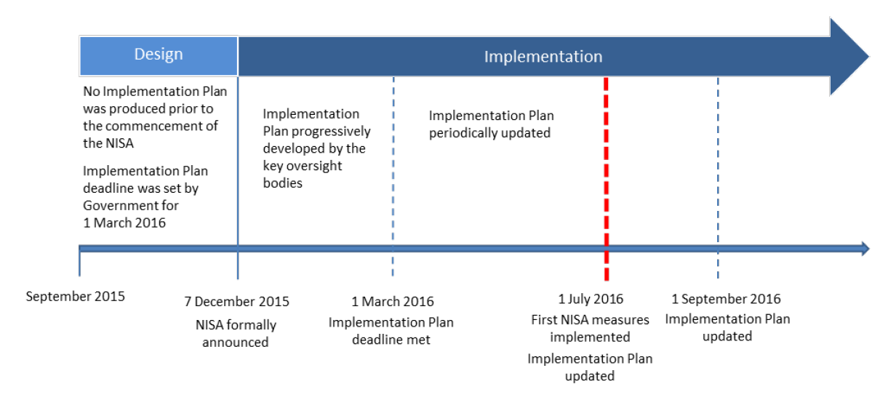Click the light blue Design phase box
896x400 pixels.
(159, 55)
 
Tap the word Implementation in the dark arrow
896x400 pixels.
(543, 57)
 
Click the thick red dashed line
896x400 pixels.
(607, 179)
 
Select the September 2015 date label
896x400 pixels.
(75, 297)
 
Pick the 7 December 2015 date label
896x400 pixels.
(236, 302)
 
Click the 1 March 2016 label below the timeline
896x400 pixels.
(393, 302)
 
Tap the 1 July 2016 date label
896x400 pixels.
(591, 299)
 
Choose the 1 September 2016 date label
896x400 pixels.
(726, 299)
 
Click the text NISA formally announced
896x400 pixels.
(236, 333)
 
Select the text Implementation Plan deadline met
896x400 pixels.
(391, 331)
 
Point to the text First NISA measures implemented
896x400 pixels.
(590, 329)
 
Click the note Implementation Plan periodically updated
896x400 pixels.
(491, 124)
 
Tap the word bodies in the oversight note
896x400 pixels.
(282, 183)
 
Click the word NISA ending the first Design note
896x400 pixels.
(121, 143)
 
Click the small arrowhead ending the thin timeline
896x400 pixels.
(865, 249)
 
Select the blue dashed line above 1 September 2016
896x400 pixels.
(718, 178)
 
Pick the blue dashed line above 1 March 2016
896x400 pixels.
(393, 177)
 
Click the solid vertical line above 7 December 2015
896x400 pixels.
(238, 178)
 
